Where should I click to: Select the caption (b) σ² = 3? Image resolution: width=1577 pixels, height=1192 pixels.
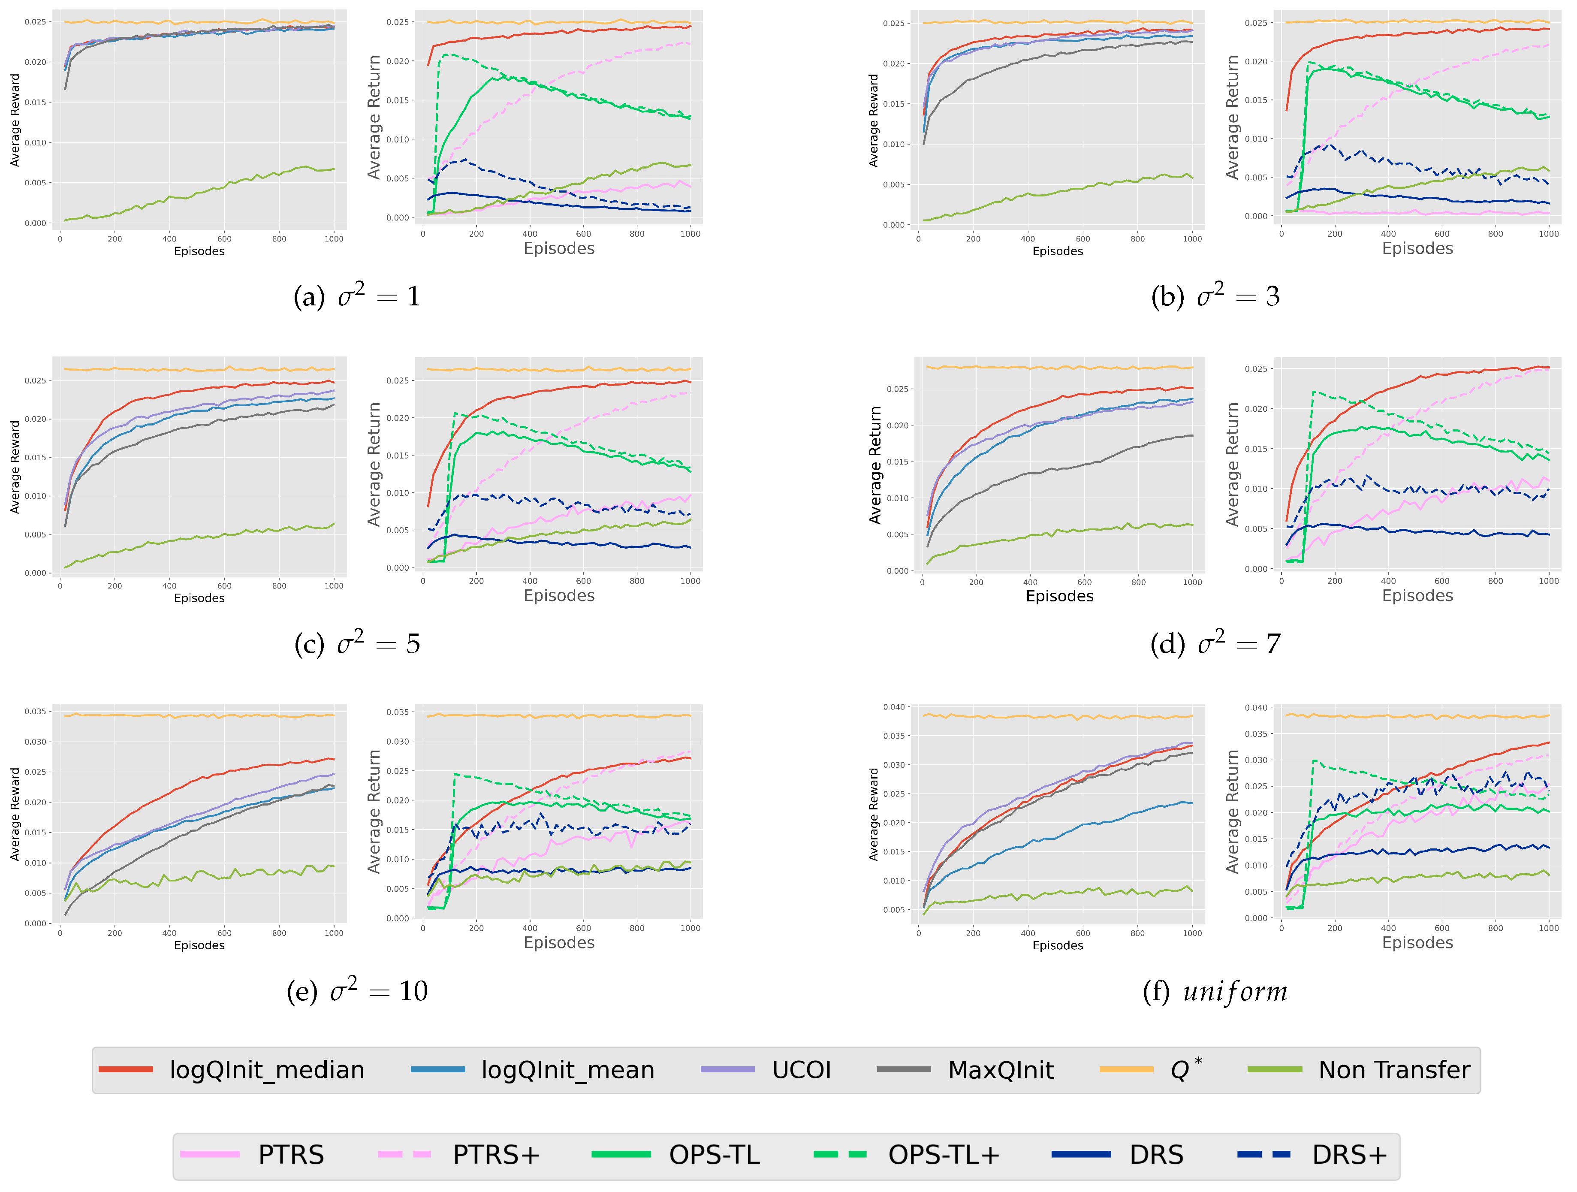pyautogui.click(x=1215, y=295)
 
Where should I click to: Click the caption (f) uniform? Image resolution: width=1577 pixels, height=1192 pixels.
pyautogui.click(x=1215, y=991)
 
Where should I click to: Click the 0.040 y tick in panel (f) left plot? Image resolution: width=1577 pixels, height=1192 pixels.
pyautogui.click(x=894, y=707)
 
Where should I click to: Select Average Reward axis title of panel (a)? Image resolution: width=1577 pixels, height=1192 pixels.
pyautogui.click(x=15, y=120)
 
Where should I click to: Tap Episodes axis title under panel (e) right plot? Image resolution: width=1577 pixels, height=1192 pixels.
pyautogui.click(x=559, y=942)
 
